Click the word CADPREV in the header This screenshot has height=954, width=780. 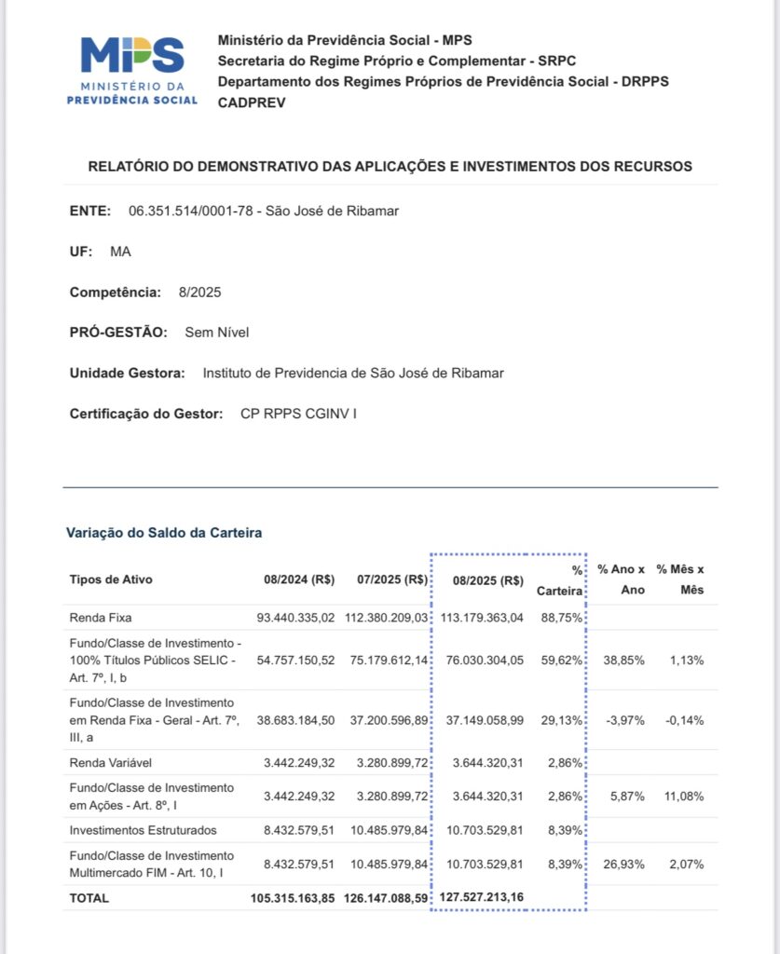(x=252, y=102)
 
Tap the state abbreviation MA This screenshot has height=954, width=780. (x=121, y=252)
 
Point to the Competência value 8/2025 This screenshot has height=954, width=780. (x=199, y=293)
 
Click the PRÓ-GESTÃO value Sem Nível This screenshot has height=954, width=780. (x=217, y=333)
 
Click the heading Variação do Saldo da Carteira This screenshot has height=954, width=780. (x=163, y=533)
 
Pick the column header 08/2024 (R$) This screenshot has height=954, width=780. (x=299, y=579)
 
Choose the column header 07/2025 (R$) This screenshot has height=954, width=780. (x=392, y=579)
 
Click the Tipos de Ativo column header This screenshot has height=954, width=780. (x=111, y=579)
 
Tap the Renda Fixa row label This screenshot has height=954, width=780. (x=101, y=617)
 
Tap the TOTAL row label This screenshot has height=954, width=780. (x=89, y=898)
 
